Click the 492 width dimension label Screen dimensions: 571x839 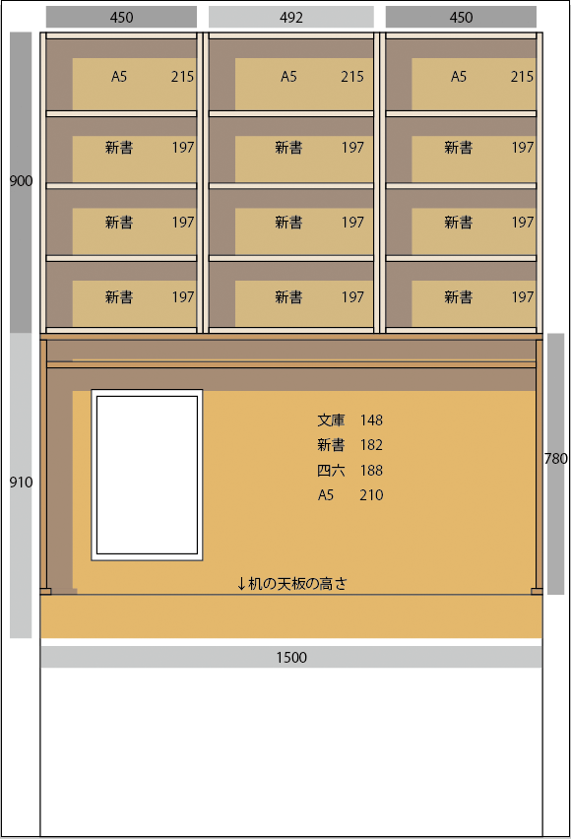point(291,18)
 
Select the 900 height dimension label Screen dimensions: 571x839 point(21,181)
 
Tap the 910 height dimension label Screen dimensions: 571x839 point(21,483)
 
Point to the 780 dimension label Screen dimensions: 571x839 point(555,459)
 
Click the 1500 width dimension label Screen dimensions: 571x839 point(291,658)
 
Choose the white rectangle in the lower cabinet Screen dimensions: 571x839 point(147,476)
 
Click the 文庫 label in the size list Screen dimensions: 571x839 point(331,420)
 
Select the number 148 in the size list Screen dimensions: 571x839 point(371,420)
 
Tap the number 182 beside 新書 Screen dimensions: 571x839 point(371,445)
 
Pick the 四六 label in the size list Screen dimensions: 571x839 point(331,471)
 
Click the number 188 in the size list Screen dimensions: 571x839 point(371,471)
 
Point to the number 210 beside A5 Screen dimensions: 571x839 point(371,495)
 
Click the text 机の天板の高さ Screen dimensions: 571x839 point(297,583)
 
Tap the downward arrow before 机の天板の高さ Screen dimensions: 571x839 point(241,583)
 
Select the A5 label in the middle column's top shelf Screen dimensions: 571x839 point(288,77)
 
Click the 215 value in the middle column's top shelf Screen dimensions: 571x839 point(352,77)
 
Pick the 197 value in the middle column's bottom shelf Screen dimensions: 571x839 point(352,297)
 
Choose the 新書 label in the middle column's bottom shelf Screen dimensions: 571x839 point(289,297)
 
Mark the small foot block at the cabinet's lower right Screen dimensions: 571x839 point(537,591)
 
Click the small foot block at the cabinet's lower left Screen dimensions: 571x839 point(46,591)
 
